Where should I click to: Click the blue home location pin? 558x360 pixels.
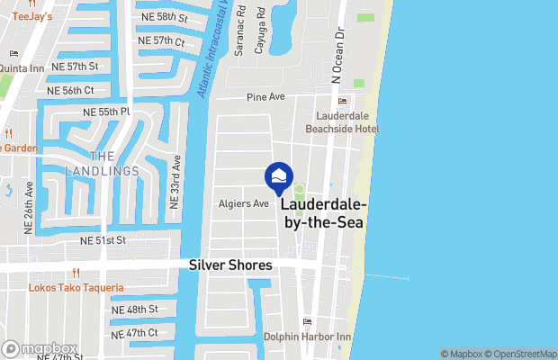[x=279, y=177]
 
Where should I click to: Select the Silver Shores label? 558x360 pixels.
[x=232, y=266]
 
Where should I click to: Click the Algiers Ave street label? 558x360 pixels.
[x=244, y=203]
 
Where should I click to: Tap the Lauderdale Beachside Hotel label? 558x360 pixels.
[x=346, y=122]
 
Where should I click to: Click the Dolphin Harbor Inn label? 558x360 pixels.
[x=306, y=337]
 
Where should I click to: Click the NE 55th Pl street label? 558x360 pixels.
[x=106, y=111]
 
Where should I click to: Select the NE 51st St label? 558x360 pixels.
[x=103, y=241]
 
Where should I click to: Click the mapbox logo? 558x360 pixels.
[x=39, y=348]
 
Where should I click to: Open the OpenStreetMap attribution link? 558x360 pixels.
[x=523, y=354]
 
